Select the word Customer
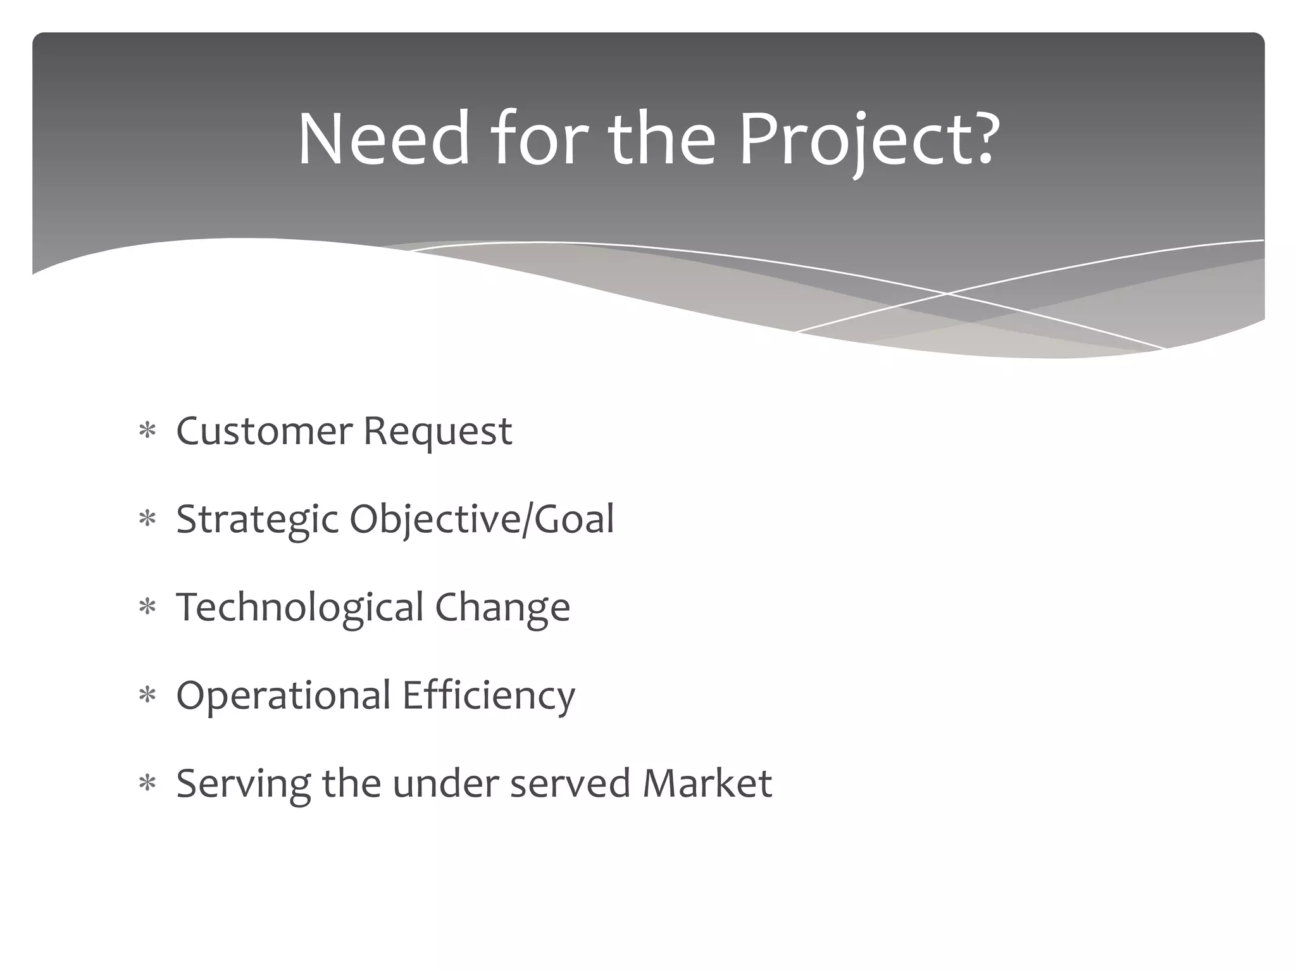pos(264,432)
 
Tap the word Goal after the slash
pos(574,519)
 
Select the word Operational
pos(283,695)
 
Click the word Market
pos(707,783)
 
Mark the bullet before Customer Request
pos(147,432)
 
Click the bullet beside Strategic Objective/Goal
pos(147,520)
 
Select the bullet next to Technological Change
pos(147,607)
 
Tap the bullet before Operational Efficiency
pos(147,695)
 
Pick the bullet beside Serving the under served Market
pos(147,783)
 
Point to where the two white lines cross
pos(947,294)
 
